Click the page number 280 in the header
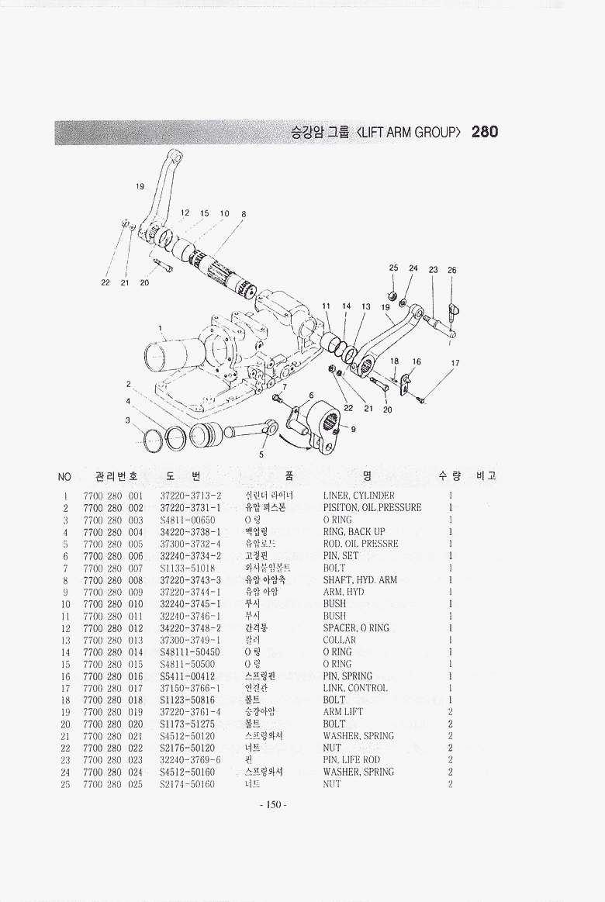point(484,132)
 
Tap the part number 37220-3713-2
point(191,496)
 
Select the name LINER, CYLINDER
point(358,496)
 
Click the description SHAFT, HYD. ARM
point(360,580)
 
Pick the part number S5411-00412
point(190,676)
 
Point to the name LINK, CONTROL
point(355,689)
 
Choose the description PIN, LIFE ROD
point(351,760)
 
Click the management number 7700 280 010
point(113,604)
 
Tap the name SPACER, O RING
point(356,628)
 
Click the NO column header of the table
point(64,476)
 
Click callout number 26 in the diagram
point(452,271)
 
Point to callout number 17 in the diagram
point(455,363)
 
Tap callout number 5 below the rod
point(261,454)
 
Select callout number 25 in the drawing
point(394,268)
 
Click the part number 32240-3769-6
point(190,760)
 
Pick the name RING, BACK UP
point(354,532)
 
